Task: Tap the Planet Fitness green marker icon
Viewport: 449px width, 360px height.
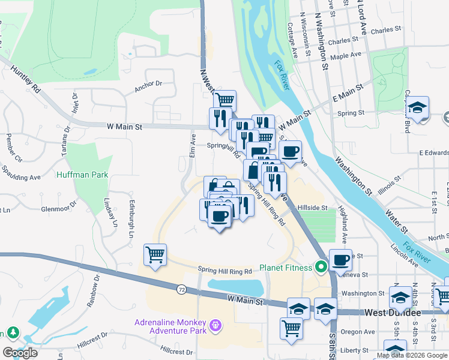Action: point(321,267)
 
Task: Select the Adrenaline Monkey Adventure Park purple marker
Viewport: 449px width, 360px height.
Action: point(215,327)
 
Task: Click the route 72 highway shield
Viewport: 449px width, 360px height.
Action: point(181,289)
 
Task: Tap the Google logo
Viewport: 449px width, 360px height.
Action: point(20,352)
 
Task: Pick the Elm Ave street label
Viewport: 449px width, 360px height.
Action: point(193,145)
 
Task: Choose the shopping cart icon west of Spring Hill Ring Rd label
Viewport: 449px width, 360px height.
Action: point(155,255)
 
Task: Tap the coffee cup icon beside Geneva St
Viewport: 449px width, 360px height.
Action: point(340,260)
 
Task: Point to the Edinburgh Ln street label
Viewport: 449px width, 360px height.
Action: point(131,218)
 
